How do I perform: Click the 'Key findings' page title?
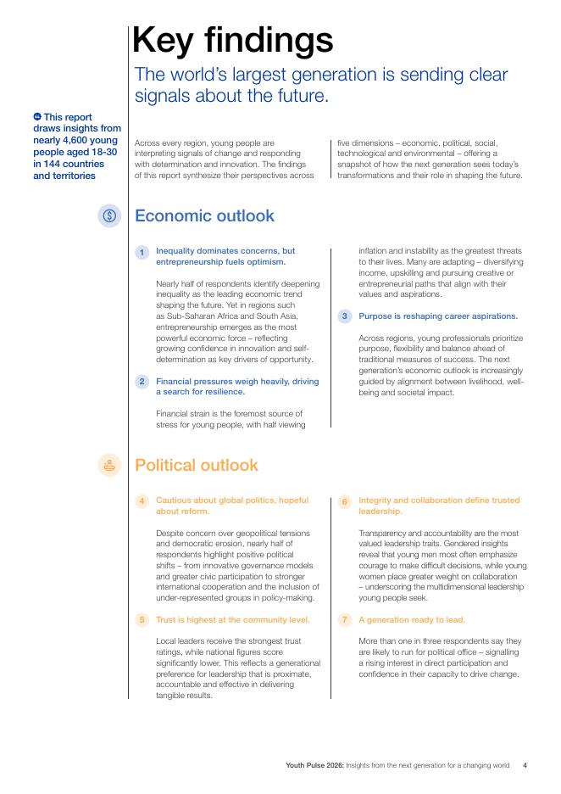(233, 41)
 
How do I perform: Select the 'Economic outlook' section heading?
(204, 215)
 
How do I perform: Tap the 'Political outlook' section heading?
(197, 465)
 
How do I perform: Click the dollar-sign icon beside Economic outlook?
(109, 215)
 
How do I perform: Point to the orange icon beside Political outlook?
(109, 465)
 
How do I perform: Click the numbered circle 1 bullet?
(142, 252)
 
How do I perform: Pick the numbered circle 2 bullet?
(142, 382)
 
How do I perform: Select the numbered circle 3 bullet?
(344, 316)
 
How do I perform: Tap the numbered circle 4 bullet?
(142, 501)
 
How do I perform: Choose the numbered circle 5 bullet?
(142, 620)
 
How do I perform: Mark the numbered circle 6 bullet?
(344, 501)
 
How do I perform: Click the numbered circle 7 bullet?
(344, 620)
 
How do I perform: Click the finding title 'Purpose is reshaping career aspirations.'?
(437, 316)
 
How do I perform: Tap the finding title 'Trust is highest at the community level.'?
(233, 620)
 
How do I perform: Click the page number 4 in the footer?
(525, 765)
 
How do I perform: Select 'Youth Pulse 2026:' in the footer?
(314, 765)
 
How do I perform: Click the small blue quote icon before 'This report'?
(37, 117)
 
